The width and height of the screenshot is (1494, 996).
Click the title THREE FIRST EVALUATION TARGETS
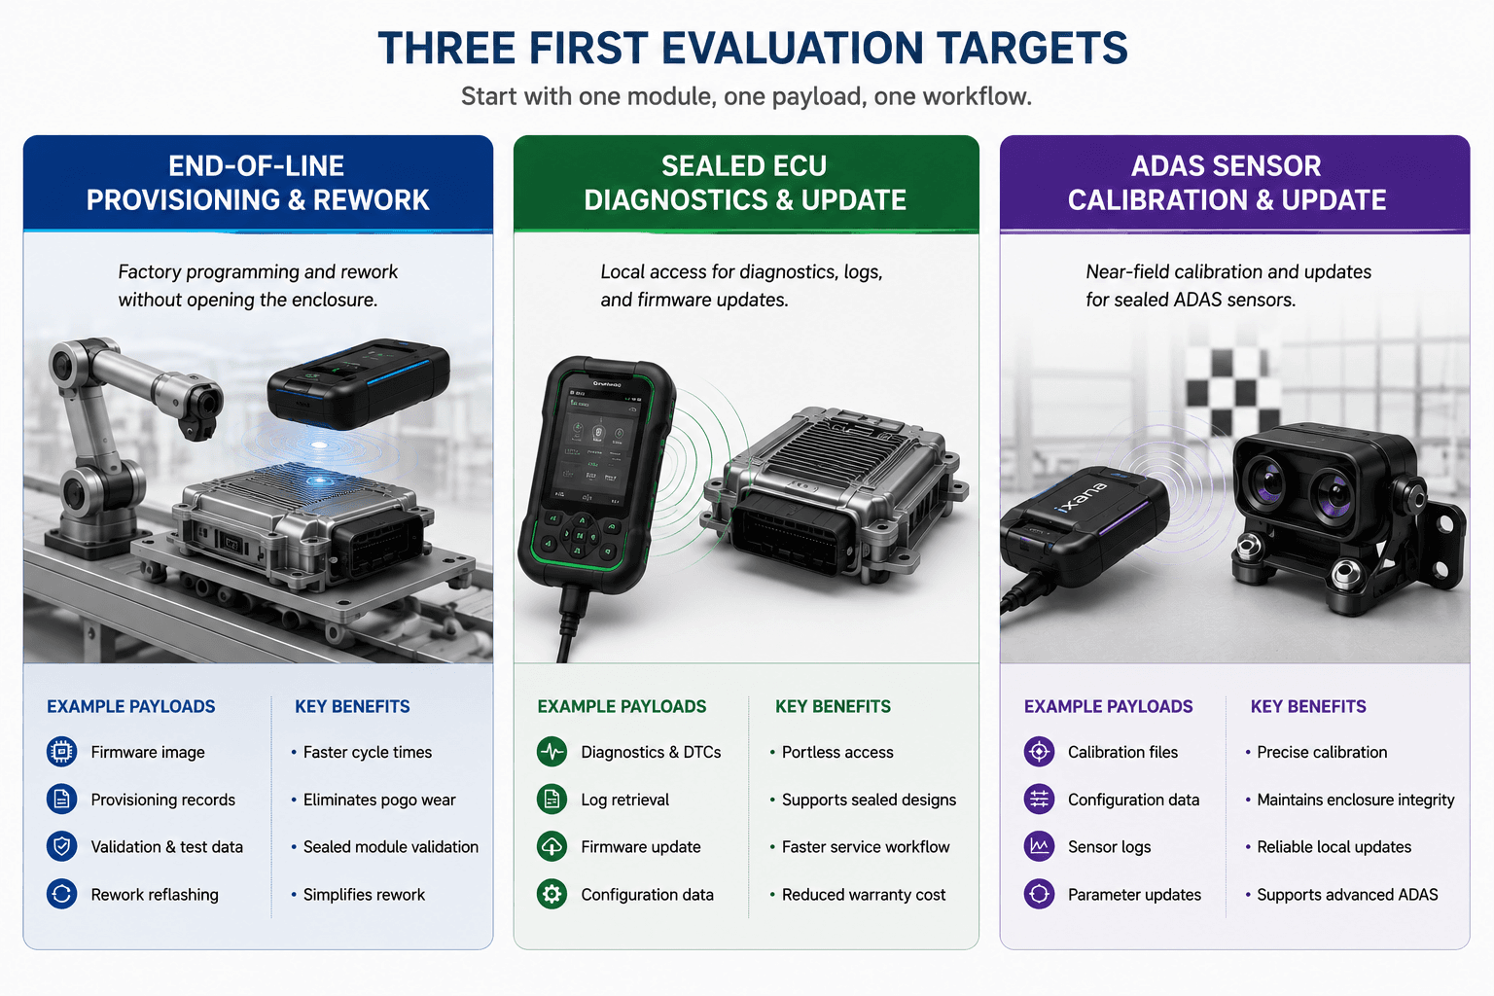[x=752, y=48]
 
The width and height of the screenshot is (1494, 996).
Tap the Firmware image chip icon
[x=61, y=752]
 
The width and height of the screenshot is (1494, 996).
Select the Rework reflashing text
[x=155, y=895]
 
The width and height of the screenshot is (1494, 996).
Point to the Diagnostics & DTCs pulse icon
[x=552, y=752]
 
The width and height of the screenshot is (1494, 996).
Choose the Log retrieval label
[x=625, y=800]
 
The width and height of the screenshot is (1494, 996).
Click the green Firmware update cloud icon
[x=552, y=846]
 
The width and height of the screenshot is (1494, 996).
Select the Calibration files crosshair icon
[x=1039, y=752]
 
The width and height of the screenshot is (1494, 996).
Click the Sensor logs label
[x=1109, y=847]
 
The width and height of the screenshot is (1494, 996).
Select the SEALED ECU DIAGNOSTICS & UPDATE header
[x=745, y=183]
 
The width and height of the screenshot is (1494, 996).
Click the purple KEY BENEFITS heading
[x=1308, y=706]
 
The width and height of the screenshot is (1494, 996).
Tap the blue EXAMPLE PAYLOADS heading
[x=130, y=706]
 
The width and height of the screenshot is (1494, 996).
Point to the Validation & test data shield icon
[x=61, y=846]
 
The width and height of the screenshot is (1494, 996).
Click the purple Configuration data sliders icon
[x=1039, y=800]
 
